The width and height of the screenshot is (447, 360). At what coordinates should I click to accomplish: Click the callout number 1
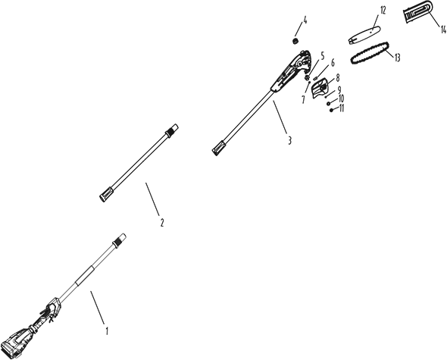[x=107, y=331]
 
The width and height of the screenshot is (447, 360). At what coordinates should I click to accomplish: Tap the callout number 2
[x=162, y=223]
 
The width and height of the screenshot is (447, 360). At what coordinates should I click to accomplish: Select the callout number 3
[x=289, y=140]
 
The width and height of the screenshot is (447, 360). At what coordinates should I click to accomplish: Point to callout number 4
[x=305, y=20]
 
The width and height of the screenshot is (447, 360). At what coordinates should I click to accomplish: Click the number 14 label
[x=443, y=29]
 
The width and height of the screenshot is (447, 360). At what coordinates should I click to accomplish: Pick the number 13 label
[x=397, y=58]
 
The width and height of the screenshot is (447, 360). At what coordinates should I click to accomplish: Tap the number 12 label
[x=383, y=11]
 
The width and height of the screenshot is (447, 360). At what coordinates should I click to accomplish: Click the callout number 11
[x=341, y=108]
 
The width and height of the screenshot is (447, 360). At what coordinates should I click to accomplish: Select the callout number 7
[x=303, y=99]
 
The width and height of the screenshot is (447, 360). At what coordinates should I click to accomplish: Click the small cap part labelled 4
[x=295, y=41]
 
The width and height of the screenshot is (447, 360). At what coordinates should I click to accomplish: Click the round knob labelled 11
[x=331, y=110]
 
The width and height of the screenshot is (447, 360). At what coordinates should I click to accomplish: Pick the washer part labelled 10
[x=328, y=103]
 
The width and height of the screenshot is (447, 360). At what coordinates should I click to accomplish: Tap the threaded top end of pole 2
[x=172, y=130]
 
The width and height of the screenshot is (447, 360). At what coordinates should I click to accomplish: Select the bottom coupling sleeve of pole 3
[x=219, y=148]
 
